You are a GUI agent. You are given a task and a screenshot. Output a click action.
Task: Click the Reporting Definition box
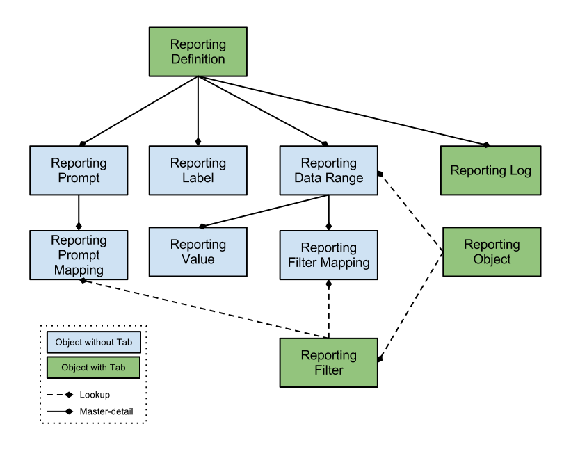pos(198,51)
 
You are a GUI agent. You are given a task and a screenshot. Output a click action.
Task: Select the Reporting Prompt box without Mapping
pos(79,170)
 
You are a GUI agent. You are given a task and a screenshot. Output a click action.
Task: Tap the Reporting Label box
pos(198,170)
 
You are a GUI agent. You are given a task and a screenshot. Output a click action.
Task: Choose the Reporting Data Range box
pos(328,170)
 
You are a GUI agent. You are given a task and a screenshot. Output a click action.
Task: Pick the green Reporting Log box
pos(490,170)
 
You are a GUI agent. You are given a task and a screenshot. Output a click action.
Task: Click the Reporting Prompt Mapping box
pos(79,255)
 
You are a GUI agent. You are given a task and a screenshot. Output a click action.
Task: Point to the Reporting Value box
pos(198,252)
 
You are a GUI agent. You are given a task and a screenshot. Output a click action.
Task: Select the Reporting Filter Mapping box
pos(328,255)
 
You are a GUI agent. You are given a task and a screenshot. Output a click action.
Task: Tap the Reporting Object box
pos(492,252)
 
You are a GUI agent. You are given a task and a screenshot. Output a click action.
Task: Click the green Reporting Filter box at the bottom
pos(328,362)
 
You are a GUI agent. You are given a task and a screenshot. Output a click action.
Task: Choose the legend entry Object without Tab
pos(94,342)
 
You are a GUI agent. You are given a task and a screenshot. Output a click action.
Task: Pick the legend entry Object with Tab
pos(93,367)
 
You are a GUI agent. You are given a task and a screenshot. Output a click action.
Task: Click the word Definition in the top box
pos(198,59)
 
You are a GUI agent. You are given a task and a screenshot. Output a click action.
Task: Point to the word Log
pos(519,171)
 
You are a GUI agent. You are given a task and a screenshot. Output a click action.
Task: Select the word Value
pos(198,259)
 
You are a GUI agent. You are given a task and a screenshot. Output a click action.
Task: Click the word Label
pos(198,178)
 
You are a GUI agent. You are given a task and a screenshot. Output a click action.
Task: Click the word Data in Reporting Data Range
pos(308,178)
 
